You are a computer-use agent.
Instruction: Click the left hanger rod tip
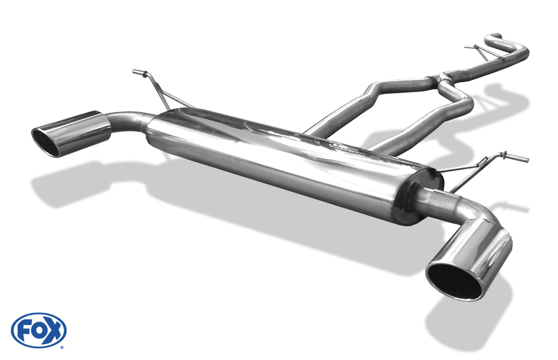[x=135, y=72]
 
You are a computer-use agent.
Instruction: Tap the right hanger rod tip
[x=526, y=159]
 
